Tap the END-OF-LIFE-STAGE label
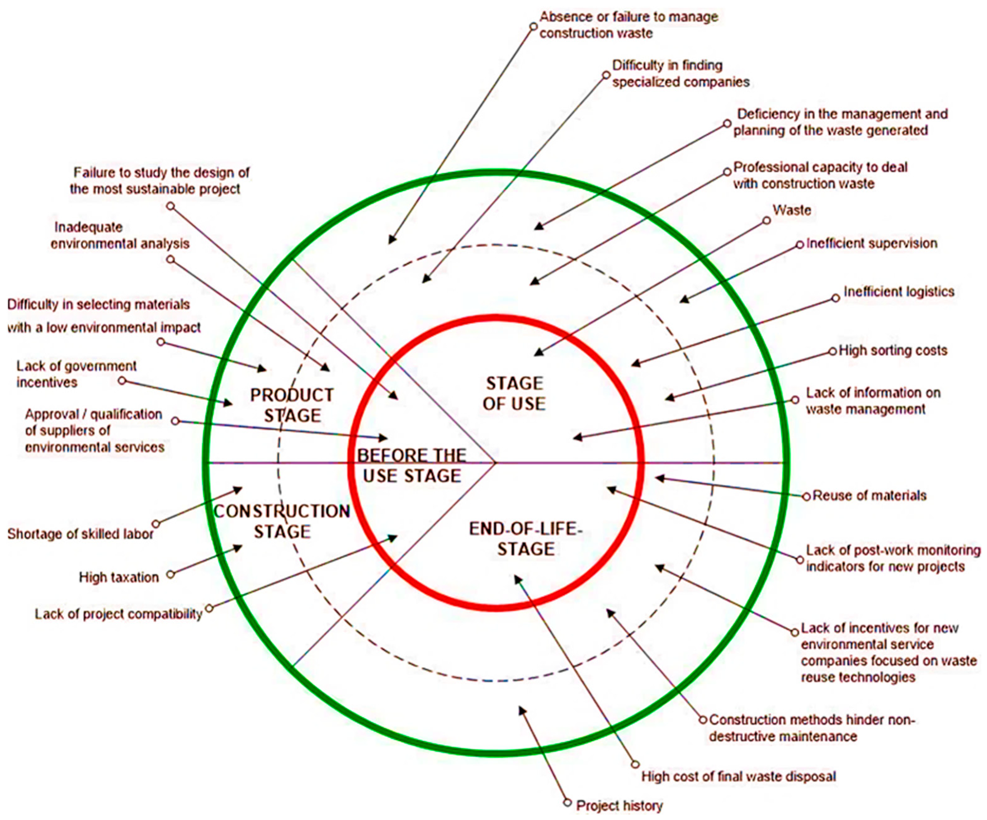[x=526, y=539]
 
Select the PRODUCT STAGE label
[x=292, y=405]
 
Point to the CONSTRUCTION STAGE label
[x=282, y=521]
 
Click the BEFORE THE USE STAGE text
[x=412, y=466]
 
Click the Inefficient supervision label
[x=872, y=243]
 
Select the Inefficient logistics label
[x=899, y=292]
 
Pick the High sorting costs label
[x=893, y=351]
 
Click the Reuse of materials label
[x=869, y=496]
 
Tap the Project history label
[x=619, y=806]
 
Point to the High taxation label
[x=119, y=577]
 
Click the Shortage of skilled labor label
[x=80, y=534]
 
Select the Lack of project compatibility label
[x=118, y=614]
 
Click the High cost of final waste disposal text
[x=738, y=776]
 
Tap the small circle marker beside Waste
[x=766, y=220]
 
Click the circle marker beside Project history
[x=567, y=803]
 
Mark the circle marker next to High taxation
[x=170, y=574]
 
